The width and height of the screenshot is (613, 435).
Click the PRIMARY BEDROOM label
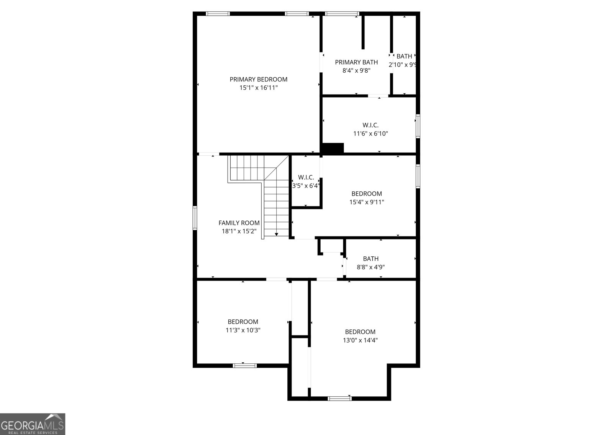pyautogui.click(x=258, y=79)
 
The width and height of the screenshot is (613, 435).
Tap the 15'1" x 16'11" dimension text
pyautogui.click(x=258, y=88)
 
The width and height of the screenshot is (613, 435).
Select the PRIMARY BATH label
pyautogui.click(x=356, y=62)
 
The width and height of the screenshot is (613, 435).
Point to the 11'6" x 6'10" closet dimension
pyautogui.click(x=370, y=134)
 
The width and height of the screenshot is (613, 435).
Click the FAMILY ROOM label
pyautogui.click(x=239, y=223)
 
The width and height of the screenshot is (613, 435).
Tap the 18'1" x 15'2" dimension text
pyautogui.click(x=239, y=231)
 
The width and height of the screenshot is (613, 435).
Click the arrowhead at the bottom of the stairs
pyautogui.click(x=276, y=234)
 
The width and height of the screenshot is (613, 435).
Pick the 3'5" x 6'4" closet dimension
pyautogui.click(x=306, y=186)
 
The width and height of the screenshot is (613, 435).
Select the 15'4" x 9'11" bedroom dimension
pyautogui.click(x=367, y=202)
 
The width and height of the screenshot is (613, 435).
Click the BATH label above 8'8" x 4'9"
pyautogui.click(x=370, y=259)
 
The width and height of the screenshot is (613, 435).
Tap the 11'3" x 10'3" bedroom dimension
pyautogui.click(x=243, y=330)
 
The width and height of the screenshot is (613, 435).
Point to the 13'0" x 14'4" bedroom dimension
pyautogui.click(x=360, y=340)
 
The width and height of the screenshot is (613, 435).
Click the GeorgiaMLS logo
pyautogui.click(x=33, y=424)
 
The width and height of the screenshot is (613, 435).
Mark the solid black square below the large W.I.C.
pyautogui.click(x=333, y=148)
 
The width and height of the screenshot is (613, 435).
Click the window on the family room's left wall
pyautogui.click(x=195, y=218)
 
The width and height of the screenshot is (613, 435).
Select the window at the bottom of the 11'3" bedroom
pyautogui.click(x=245, y=365)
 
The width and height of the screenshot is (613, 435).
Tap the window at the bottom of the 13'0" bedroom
pyautogui.click(x=339, y=398)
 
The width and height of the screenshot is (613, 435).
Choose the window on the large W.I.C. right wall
pyautogui.click(x=418, y=126)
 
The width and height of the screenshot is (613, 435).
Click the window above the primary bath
pyautogui.click(x=342, y=14)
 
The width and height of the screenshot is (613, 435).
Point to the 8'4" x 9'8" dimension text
pyautogui.click(x=356, y=70)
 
